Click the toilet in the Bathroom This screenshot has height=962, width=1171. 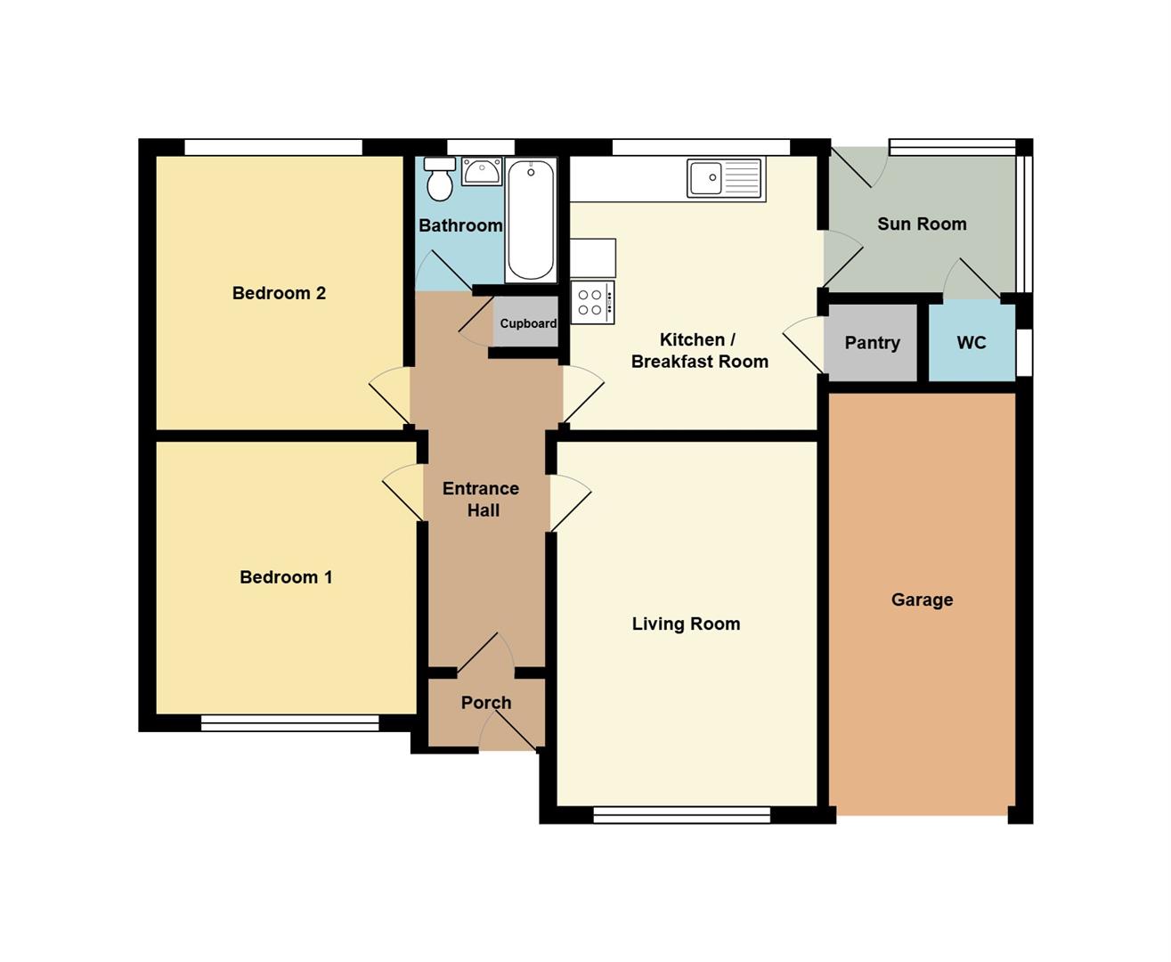click(x=440, y=178)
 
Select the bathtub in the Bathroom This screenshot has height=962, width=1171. click(x=531, y=220)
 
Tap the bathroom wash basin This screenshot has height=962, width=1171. click(x=482, y=171)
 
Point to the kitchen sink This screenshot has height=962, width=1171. click(x=726, y=178)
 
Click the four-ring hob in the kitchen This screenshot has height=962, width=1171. click(x=592, y=303)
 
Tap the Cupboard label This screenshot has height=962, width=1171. click(x=528, y=323)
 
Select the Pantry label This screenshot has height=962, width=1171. click(x=872, y=343)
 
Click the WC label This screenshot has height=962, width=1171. click(x=972, y=343)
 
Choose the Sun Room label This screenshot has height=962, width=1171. click(x=922, y=224)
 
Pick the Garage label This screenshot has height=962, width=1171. click(x=922, y=599)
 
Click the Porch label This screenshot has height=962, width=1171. click(x=486, y=703)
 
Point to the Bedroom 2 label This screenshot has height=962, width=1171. click(x=279, y=293)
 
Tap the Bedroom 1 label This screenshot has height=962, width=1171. click(x=286, y=577)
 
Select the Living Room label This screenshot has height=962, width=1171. click(x=686, y=624)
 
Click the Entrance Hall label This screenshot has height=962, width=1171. click(x=482, y=500)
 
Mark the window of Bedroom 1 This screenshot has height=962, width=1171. click(x=289, y=722)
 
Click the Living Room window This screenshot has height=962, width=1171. click(x=682, y=815)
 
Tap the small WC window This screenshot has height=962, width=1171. click(x=1025, y=354)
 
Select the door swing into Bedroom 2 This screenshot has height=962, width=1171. click(x=390, y=395)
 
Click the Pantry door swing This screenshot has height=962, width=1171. click(x=803, y=345)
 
